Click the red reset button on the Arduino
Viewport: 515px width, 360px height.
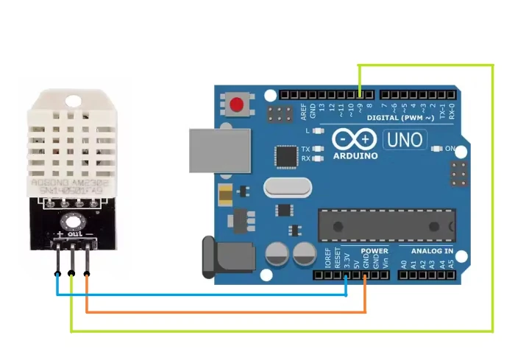tap(237, 105)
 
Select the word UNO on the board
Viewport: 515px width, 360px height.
tap(405, 139)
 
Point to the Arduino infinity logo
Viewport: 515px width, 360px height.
tap(355, 140)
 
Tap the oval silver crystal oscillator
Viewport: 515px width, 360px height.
tap(282, 187)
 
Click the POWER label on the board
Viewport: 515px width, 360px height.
tap(374, 251)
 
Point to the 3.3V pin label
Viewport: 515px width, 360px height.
tap(347, 259)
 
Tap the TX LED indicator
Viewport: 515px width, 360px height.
tap(318, 149)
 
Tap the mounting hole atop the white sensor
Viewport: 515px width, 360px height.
tap(72, 100)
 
